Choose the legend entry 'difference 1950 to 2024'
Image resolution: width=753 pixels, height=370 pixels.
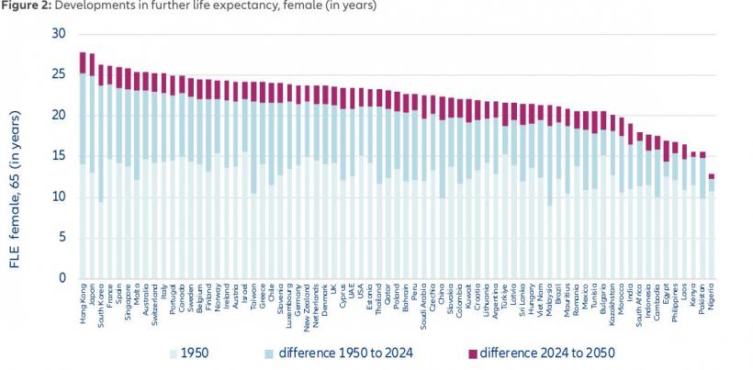click(x=349, y=353)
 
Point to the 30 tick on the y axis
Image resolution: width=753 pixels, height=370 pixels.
click(x=60, y=34)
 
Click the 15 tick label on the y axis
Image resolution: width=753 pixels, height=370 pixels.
click(x=60, y=156)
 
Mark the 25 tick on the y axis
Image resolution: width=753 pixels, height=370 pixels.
click(x=60, y=74)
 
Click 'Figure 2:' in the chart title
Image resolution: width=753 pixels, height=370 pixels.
click(x=27, y=6)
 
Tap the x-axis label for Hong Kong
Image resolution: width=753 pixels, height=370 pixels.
click(x=82, y=299)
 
